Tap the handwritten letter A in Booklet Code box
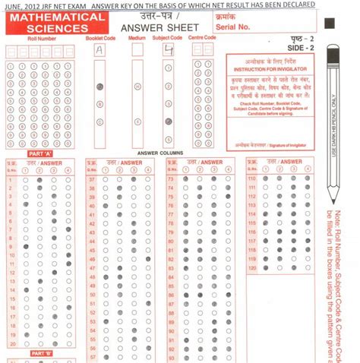click(x=99, y=51)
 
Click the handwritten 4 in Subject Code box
click(x=169, y=51)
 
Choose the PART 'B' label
click(x=42, y=352)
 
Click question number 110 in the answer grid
click(x=253, y=179)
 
